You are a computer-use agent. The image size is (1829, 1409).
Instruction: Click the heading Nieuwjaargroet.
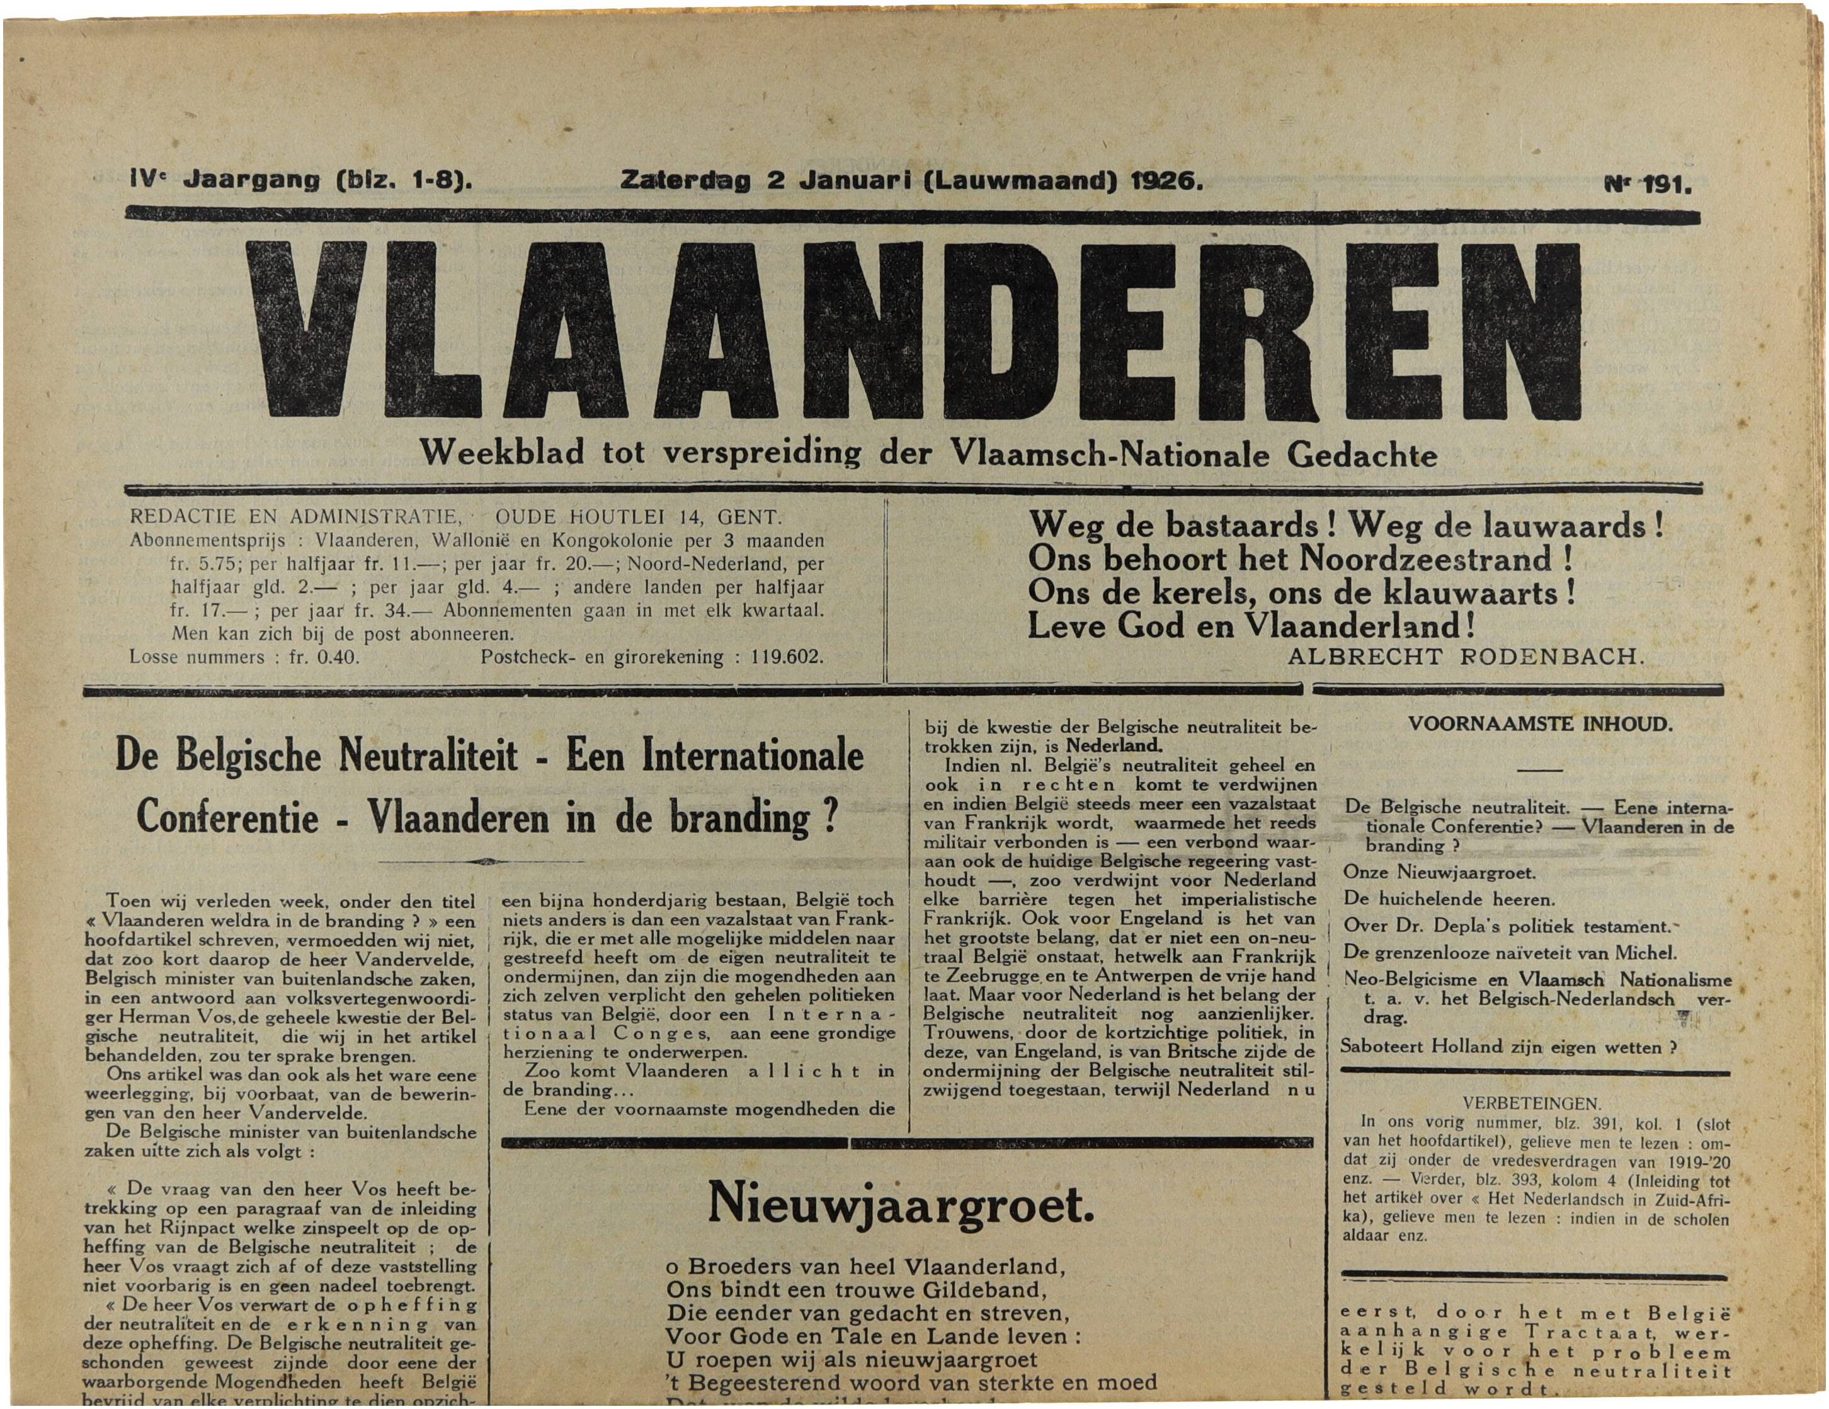pos(900,1204)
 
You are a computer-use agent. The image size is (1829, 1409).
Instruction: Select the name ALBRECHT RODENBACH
pos(1466,657)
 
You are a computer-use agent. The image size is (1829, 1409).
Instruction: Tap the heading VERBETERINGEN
pos(1532,1104)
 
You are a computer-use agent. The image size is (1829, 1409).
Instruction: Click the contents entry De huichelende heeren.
pos(1449,900)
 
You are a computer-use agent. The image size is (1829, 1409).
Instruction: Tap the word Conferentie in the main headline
pos(228,817)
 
